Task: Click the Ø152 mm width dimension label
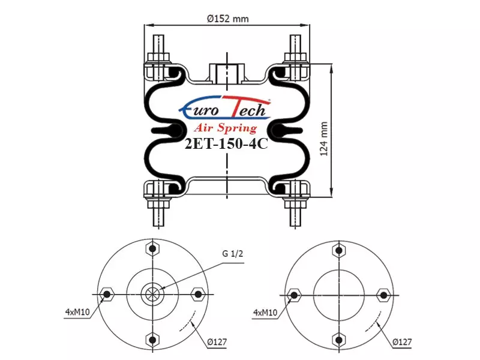228,19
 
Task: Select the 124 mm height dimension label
324,139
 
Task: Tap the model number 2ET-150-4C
226,143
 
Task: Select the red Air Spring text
226,127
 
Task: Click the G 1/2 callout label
233,254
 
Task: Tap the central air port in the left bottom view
152,294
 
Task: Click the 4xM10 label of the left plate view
77,312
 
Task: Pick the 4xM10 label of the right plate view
265,313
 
